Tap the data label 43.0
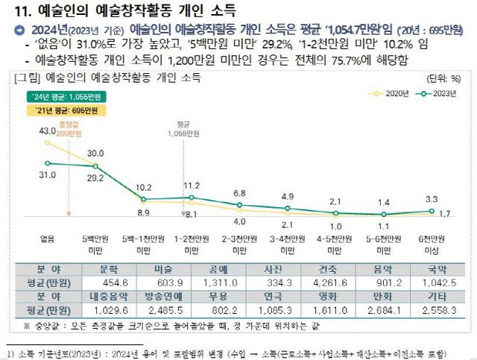46,132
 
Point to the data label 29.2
96,179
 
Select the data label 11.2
192,185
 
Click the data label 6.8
239,194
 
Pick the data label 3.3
432,200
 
